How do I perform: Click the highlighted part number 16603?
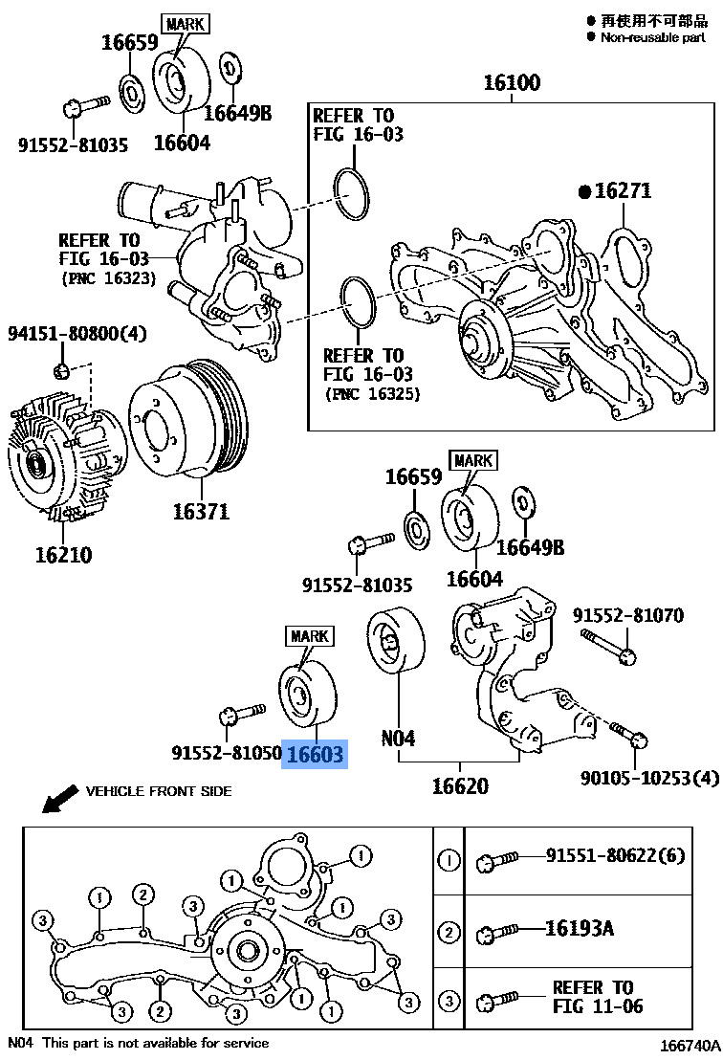pos(313,755)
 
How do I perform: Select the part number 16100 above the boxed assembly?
pos(510,83)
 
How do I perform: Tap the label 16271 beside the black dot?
pos(622,191)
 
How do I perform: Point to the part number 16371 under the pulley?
pos(201,511)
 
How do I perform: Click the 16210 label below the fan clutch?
pos(64,555)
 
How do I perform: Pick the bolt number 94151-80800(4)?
pos(78,335)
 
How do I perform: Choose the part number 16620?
pos(459,786)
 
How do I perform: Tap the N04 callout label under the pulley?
pos(398,739)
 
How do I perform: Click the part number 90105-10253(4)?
pos(648,779)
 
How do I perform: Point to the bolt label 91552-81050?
pos(227,754)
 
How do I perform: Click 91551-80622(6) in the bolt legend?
pos(616,855)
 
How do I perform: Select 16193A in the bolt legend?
pos(580,928)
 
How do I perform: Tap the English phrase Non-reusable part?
pos(652,37)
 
